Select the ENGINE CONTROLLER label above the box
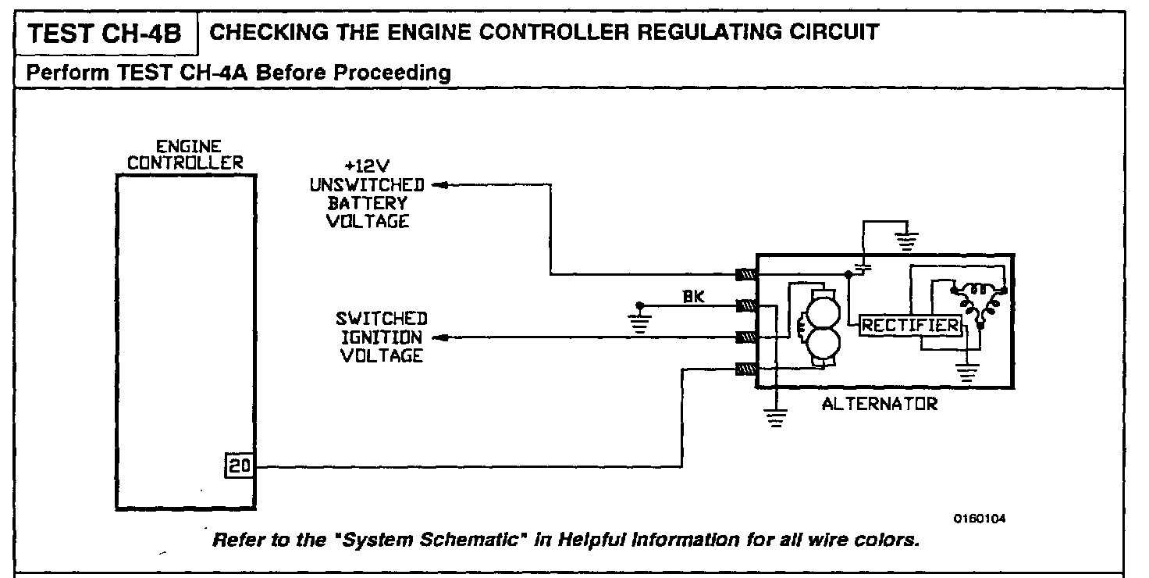pos(186,155)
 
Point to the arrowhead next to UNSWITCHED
pos(438,186)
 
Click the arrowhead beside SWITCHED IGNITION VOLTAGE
pos(438,337)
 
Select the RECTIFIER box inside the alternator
pos(910,326)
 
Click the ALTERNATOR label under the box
pos(879,405)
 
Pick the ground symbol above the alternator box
pos(905,240)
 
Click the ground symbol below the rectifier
pos(968,374)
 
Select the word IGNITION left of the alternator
pos(382,337)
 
